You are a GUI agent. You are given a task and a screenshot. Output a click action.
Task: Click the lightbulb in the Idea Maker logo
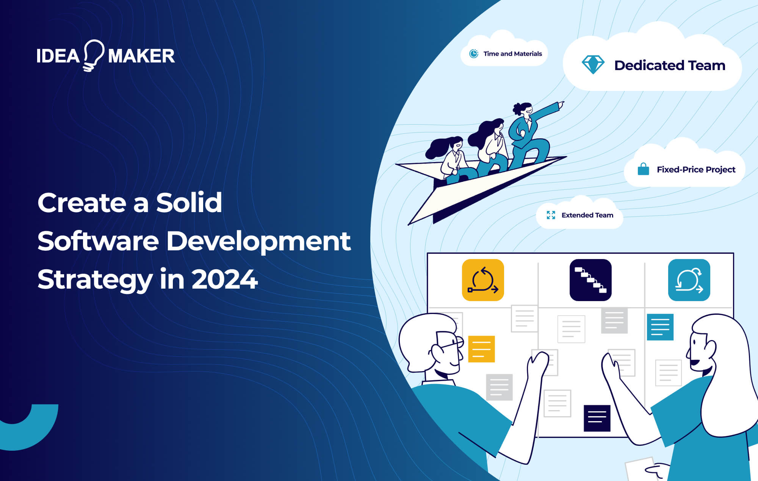(x=93, y=55)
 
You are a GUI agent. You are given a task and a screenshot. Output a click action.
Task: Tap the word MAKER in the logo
(x=141, y=56)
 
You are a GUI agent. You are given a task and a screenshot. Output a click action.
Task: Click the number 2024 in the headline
(x=225, y=280)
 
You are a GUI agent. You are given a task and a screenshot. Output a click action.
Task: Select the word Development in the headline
(x=258, y=241)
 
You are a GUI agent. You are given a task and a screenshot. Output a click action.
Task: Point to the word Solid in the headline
(x=189, y=203)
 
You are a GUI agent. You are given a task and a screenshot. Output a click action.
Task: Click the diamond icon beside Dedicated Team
(x=593, y=65)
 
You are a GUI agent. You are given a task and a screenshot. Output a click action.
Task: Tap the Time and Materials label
(x=512, y=54)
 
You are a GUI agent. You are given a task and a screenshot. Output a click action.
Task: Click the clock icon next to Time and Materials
(x=474, y=54)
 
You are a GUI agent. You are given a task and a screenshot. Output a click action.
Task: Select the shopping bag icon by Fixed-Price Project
(x=643, y=169)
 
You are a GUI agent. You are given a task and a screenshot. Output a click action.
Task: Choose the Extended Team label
(x=587, y=215)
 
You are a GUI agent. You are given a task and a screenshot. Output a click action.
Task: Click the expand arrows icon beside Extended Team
(x=551, y=215)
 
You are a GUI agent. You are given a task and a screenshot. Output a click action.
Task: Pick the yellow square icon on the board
(x=483, y=280)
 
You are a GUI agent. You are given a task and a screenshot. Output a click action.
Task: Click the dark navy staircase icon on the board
(x=590, y=280)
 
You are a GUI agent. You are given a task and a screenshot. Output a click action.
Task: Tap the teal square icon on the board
(x=689, y=280)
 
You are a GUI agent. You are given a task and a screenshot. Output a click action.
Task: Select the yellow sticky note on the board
(x=481, y=349)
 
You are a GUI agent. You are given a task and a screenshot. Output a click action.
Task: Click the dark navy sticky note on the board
(x=597, y=418)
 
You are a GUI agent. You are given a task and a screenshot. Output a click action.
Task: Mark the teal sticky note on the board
(x=660, y=327)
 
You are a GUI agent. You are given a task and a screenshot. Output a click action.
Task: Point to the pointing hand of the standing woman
(x=561, y=104)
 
